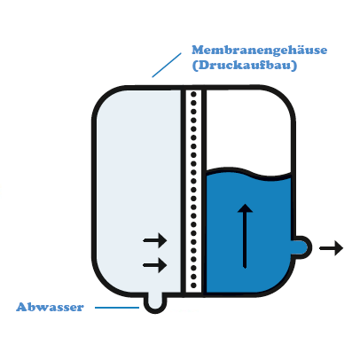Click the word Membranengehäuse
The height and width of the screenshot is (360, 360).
point(260,51)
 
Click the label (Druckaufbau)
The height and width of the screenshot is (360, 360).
point(245,66)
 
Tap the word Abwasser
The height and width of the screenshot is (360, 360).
point(50,307)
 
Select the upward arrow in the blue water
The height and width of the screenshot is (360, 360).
point(245,236)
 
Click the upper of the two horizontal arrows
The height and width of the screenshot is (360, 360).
point(155,240)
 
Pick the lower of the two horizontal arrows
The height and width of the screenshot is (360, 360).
point(155,265)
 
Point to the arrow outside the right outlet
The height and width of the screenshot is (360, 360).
point(332,248)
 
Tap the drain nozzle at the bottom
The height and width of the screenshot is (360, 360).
point(155,302)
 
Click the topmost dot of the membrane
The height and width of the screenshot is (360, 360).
point(193,94)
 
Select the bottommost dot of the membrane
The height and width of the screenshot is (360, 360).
point(193,286)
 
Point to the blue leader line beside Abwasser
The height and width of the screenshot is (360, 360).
point(117,308)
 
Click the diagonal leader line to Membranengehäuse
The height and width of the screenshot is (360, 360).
point(167,65)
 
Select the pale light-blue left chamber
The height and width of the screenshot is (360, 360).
point(138,192)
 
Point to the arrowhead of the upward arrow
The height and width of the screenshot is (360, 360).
point(245,208)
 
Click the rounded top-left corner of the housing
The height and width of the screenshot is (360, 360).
point(104,98)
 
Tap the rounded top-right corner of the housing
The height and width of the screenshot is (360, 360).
point(283,97)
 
